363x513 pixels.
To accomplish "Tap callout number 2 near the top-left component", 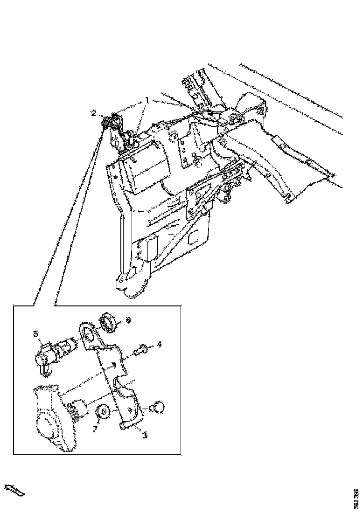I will click(93, 112).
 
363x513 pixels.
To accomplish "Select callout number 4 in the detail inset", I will click(159, 345).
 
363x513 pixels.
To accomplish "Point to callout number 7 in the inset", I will click(95, 429).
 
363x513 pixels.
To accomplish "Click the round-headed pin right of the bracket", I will click(158, 407).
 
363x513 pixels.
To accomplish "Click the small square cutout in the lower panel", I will click(192, 239).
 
